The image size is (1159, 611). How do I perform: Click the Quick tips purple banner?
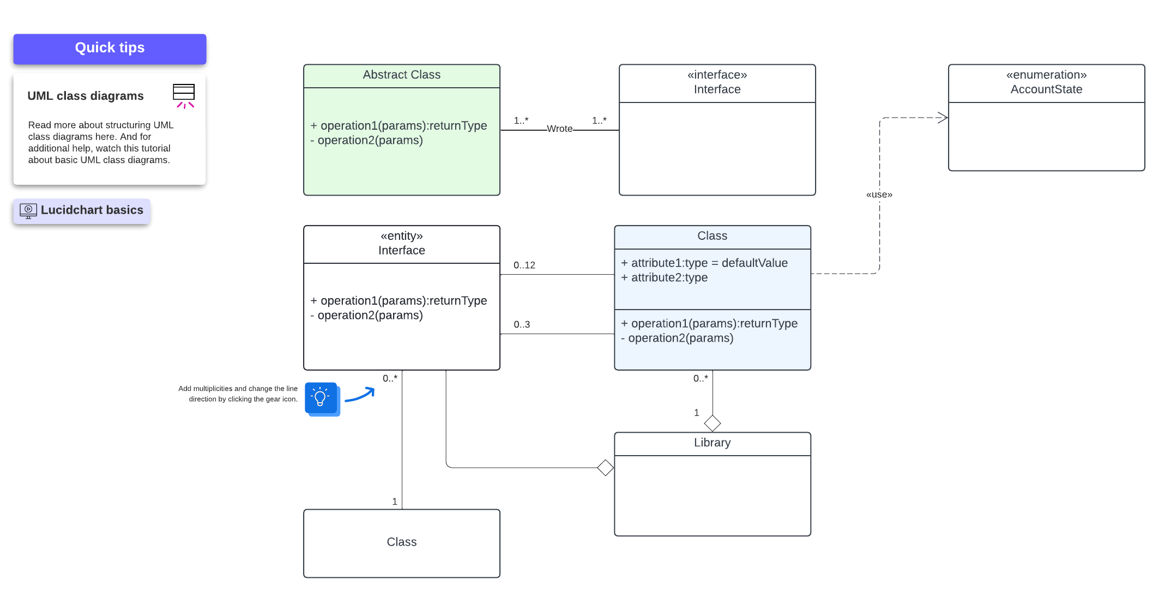[110, 49]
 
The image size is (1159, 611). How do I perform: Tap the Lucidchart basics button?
[82, 210]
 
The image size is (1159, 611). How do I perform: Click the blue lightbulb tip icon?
[321, 398]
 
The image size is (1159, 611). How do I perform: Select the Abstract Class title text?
[401, 75]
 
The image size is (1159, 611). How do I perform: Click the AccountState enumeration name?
[1046, 89]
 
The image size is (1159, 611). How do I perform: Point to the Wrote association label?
[559, 129]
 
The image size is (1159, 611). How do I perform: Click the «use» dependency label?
[879, 195]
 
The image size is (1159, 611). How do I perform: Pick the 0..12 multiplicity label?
[524, 265]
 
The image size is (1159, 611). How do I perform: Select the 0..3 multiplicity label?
[521, 325]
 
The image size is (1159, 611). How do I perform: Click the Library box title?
[712, 443]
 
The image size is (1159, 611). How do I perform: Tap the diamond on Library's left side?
[605, 468]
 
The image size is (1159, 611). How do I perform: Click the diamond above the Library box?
[712, 423]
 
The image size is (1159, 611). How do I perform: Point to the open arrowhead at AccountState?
[943, 118]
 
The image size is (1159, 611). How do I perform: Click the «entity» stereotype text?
[401, 236]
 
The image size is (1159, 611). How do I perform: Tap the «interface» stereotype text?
[717, 75]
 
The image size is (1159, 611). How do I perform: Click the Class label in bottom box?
[401, 542]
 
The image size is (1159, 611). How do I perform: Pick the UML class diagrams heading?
[86, 96]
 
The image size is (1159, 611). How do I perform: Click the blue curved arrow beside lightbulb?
[360, 395]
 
